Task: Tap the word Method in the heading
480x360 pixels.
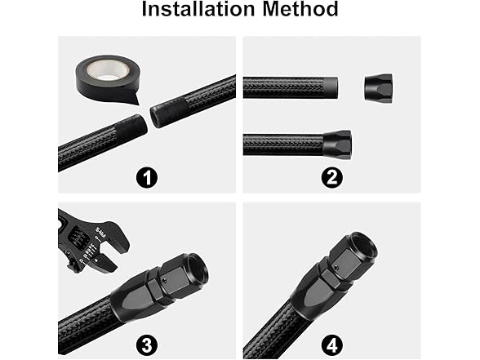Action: click(297, 11)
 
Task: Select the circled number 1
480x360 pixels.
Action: click(147, 176)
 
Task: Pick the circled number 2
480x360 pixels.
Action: click(331, 176)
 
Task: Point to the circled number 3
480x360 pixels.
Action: click(147, 342)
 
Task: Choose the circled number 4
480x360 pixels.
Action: click(331, 342)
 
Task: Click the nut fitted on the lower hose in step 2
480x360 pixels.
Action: click(336, 144)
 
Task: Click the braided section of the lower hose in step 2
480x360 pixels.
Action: click(282, 144)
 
